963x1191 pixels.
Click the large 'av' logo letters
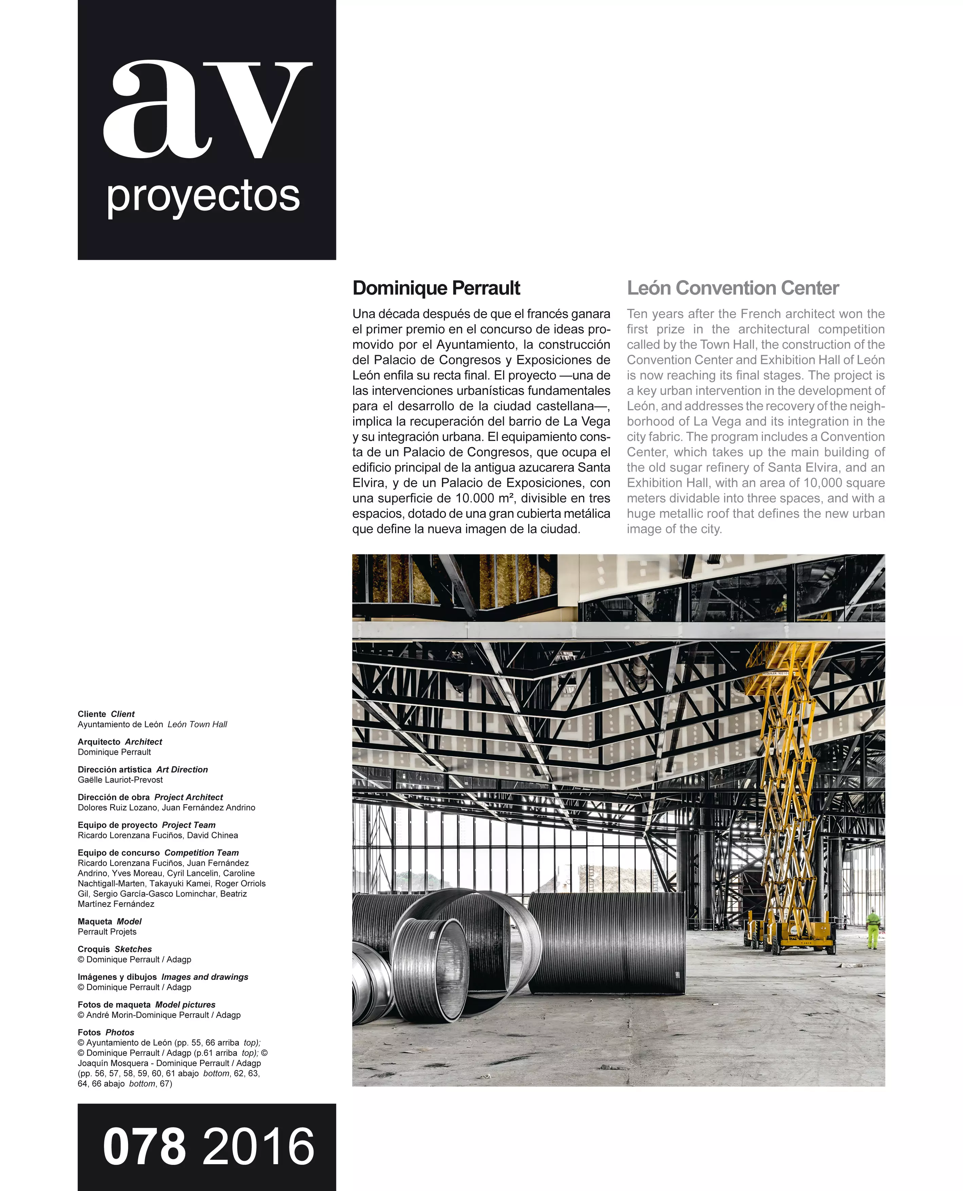(x=207, y=109)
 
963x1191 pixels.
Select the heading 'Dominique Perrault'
(x=436, y=288)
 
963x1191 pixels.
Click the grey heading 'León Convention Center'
(x=732, y=288)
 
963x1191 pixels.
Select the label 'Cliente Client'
(x=106, y=714)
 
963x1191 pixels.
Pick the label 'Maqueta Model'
(x=109, y=921)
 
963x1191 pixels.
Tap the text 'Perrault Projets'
(x=107, y=932)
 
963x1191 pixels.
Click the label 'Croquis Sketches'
(x=114, y=949)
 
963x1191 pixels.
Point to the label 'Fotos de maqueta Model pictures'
(x=146, y=1005)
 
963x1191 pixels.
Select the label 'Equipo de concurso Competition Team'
(x=158, y=853)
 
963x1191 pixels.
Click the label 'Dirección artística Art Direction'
(x=143, y=770)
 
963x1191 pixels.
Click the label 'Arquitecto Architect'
(x=120, y=742)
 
